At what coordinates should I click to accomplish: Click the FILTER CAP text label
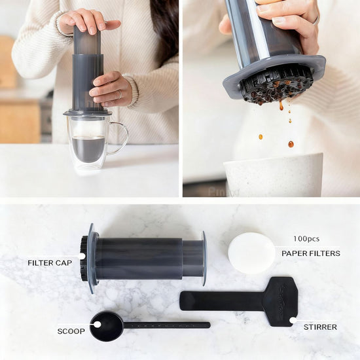[x=50, y=262]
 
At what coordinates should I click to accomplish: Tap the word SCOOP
[x=71, y=331]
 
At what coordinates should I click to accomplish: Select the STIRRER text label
[x=320, y=327]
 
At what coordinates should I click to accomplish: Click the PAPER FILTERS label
[x=310, y=253]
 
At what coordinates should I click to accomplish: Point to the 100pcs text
[x=306, y=239]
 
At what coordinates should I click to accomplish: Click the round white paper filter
[x=251, y=253]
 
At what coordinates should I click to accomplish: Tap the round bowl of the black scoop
[x=105, y=326]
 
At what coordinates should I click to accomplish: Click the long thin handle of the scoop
[x=166, y=325]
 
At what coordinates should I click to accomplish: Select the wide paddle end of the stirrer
[x=280, y=300]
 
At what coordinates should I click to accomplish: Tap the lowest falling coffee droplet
[x=291, y=144]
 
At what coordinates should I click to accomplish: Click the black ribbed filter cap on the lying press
[x=84, y=259]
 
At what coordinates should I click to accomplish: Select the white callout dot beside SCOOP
[x=97, y=324]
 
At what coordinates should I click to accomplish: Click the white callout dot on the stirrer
[x=293, y=320]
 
